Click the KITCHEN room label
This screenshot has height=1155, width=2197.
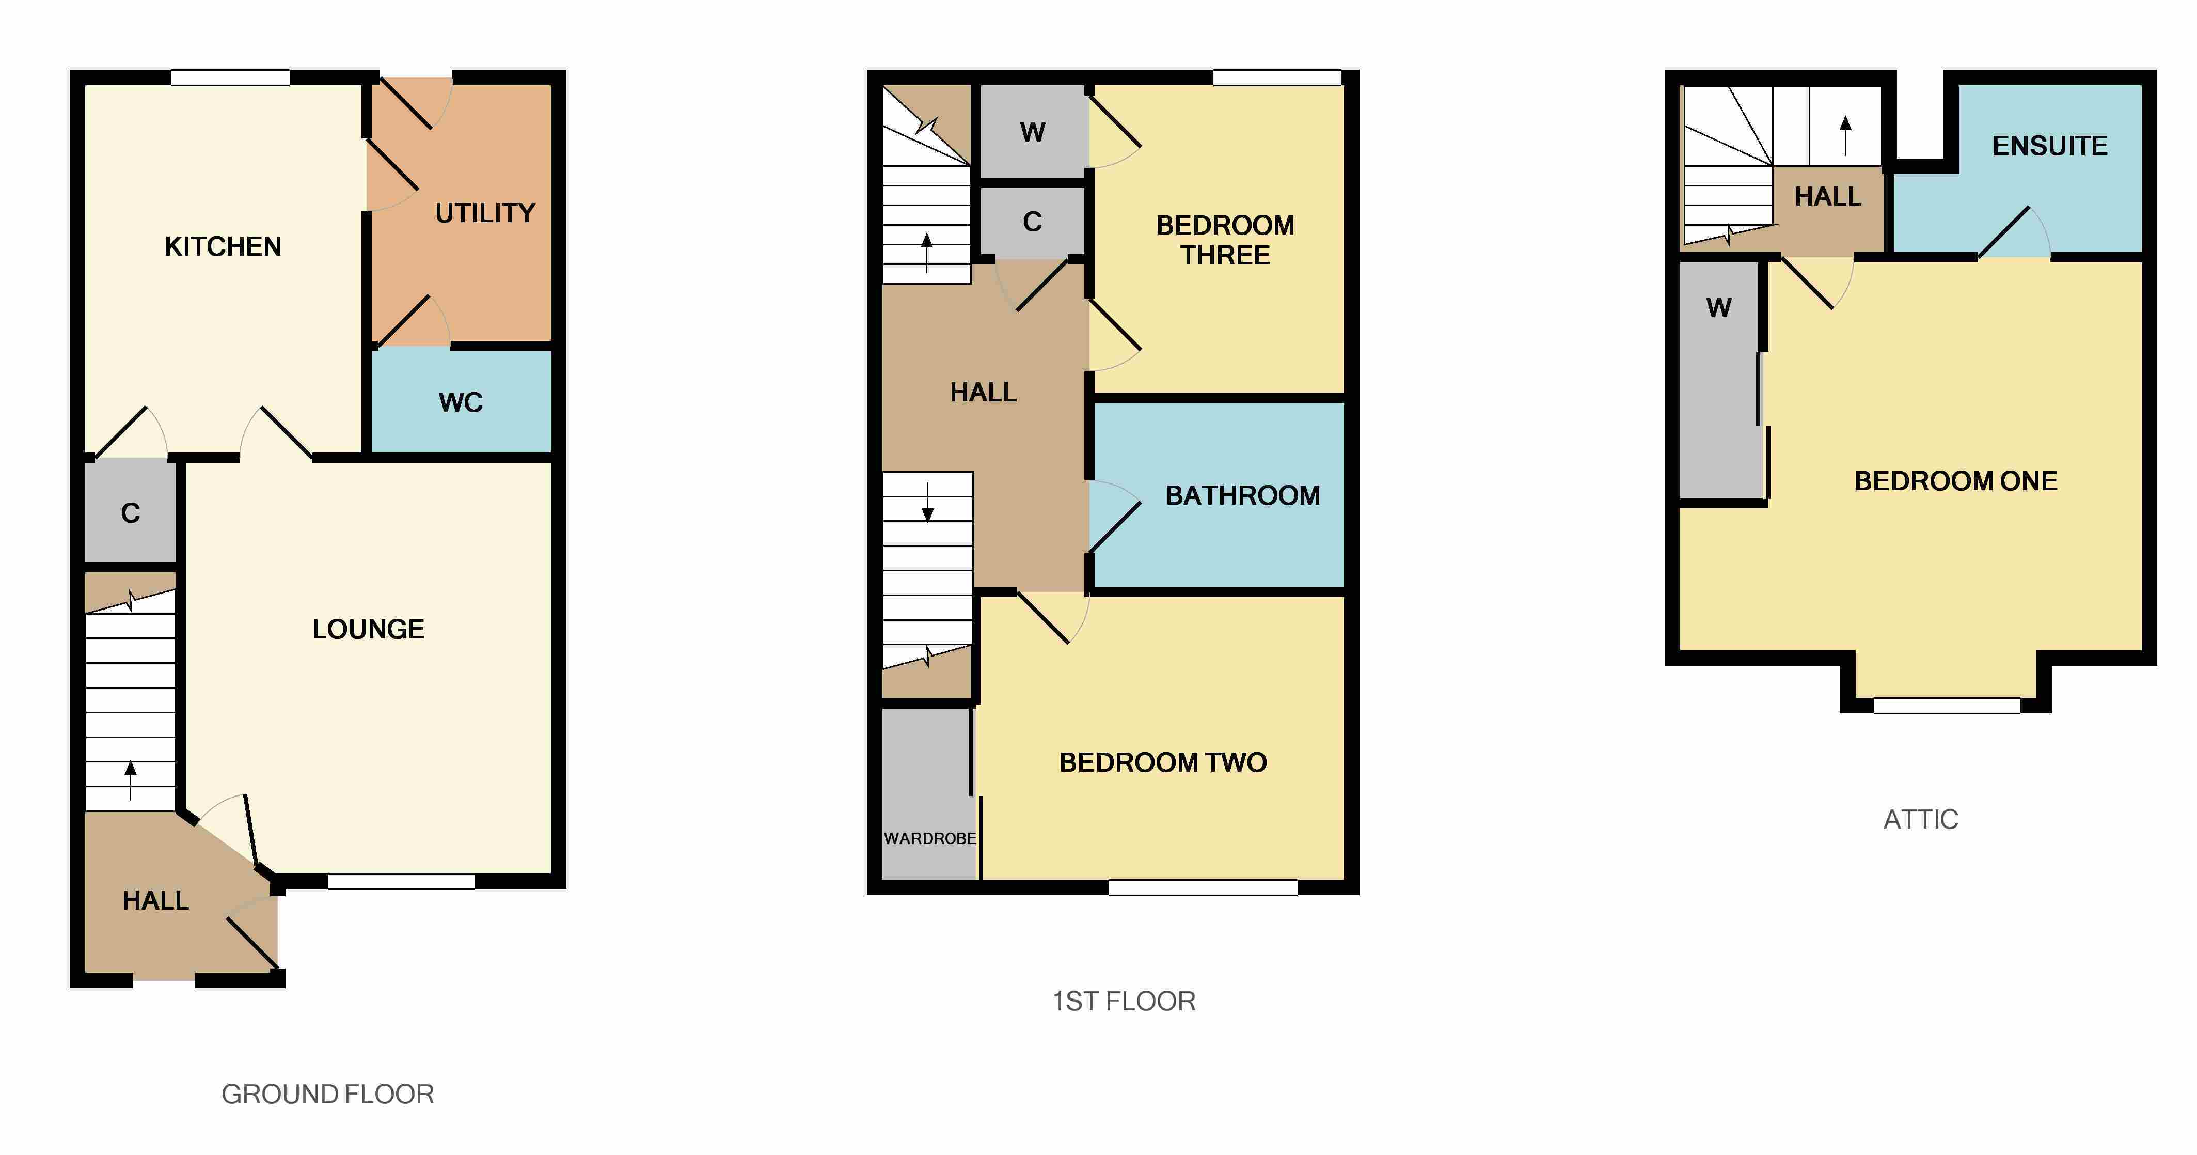point(223,246)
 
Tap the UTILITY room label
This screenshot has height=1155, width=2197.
point(485,212)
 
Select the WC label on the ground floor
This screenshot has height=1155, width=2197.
point(461,402)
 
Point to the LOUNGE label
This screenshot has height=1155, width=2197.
point(369,630)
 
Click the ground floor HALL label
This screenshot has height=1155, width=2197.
point(155,901)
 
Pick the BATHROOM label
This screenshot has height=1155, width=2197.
point(1243,495)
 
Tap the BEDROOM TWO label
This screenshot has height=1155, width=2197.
point(1163,762)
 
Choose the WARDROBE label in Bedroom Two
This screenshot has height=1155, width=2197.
point(929,838)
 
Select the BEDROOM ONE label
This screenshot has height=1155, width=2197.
point(1956,481)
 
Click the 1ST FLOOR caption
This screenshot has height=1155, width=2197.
point(1124,1002)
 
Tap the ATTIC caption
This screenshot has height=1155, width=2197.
point(1921,820)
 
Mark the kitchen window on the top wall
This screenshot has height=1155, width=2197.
point(230,77)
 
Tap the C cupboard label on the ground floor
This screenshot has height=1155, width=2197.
point(131,512)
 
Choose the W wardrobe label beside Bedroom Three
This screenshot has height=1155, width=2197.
point(1033,132)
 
